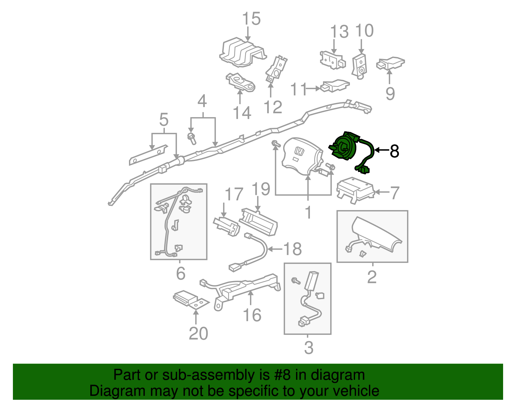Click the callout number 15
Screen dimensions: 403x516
pyautogui.click(x=251, y=19)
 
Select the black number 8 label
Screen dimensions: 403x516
pyautogui.click(x=394, y=151)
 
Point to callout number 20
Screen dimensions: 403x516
pyautogui.click(x=198, y=333)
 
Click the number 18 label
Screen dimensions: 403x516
pyautogui.click(x=292, y=249)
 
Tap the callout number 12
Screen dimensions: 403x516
pyautogui.click(x=273, y=107)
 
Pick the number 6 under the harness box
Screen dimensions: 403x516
pyautogui.click(x=181, y=273)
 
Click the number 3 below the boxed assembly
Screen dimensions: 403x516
pyautogui.click(x=308, y=348)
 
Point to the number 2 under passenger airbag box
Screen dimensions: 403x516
pyautogui.click(x=372, y=277)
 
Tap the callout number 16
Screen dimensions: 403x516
pyautogui.click(x=252, y=315)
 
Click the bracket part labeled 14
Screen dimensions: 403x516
pyautogui.click(x=241, y=83)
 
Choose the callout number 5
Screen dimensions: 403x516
pyautogui.click(x=164, y=120)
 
